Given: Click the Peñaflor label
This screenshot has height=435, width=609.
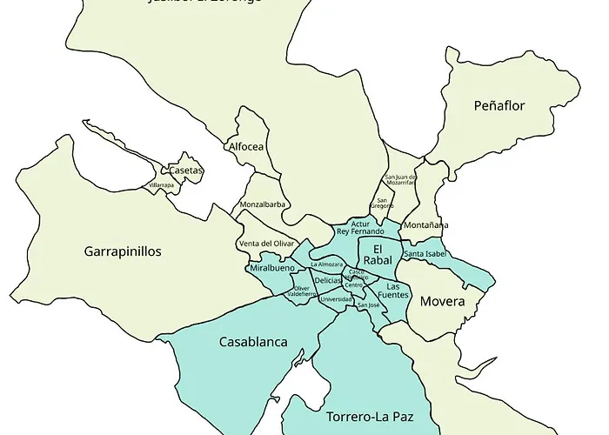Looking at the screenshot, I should point(499,106).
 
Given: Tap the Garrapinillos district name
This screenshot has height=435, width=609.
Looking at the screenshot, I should point(123,251).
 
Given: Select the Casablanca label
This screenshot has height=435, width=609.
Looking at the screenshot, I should point(253,342).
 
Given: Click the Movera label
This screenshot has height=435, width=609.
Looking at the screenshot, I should point(443,302).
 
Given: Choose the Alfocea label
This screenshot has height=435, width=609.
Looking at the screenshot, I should point(245,147).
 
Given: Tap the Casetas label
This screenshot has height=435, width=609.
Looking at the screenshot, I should point(186,171).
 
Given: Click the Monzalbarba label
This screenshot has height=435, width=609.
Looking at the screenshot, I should point(263,205).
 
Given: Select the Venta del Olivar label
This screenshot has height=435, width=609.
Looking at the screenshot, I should point(266,244).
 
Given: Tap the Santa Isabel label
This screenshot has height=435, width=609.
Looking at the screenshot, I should point(425,254).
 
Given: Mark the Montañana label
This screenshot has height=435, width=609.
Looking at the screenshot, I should point(427,224).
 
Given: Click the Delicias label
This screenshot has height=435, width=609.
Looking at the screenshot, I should point(328,280).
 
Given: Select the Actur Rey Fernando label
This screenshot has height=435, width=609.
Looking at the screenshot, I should point(360,228).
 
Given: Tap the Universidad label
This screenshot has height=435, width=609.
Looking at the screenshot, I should point(336,299).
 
